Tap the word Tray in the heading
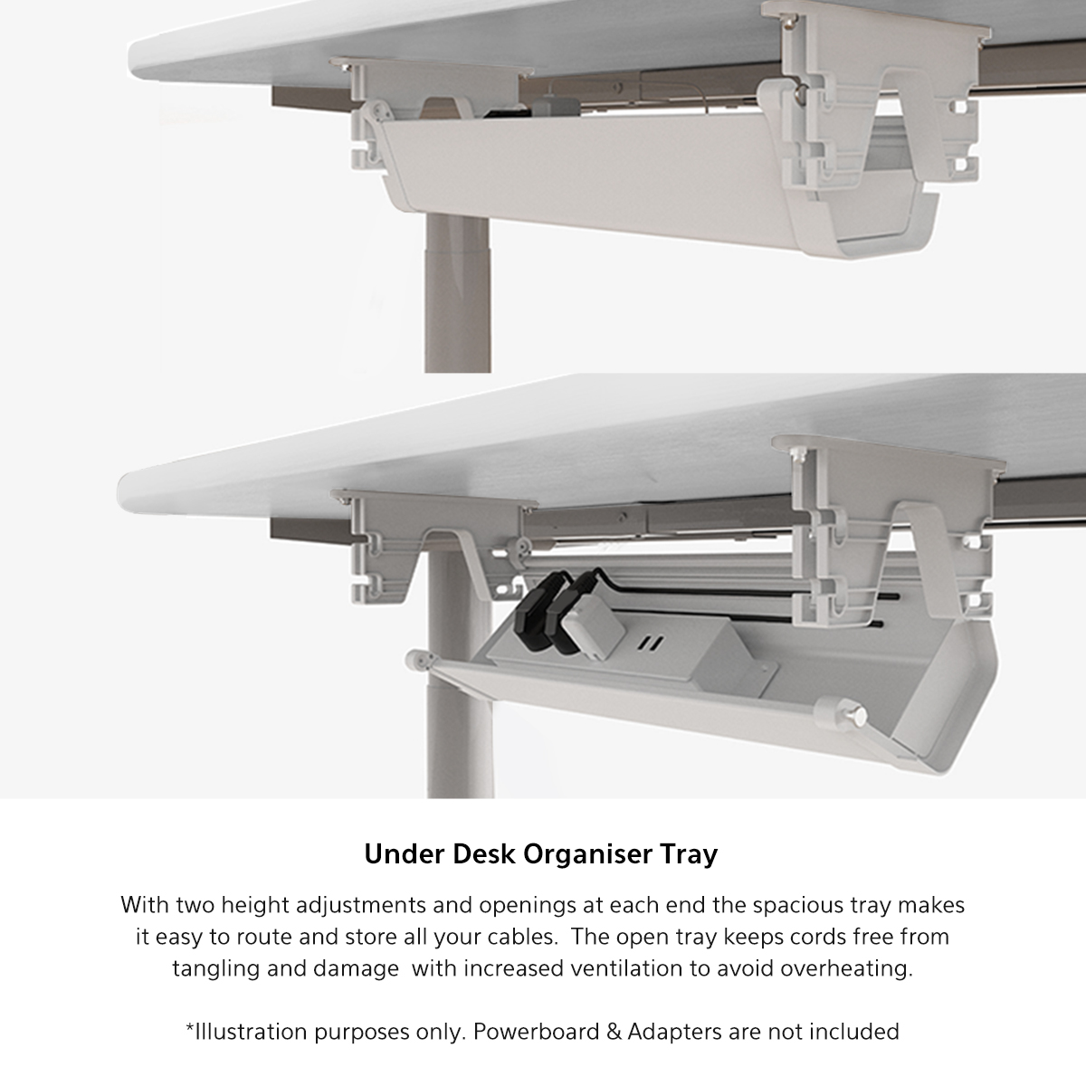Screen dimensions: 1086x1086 tap(690, 855)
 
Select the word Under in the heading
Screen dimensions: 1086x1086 tap(404, 853)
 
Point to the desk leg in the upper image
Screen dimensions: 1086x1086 tap(457, 293)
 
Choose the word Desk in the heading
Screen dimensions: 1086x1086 tap(483, 853)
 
